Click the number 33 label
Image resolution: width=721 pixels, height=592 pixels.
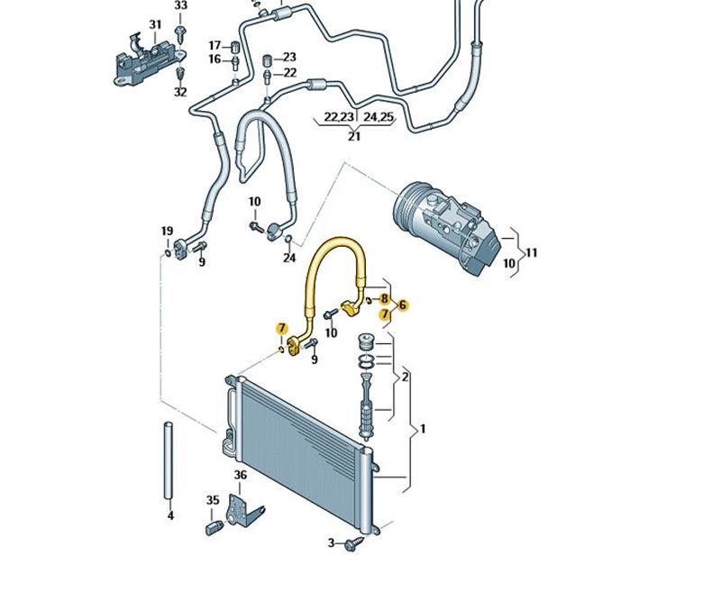[x=181, y=5]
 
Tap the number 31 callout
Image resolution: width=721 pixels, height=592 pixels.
[x=155, y=24]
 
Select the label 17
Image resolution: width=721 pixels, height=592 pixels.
[x=214, y=46]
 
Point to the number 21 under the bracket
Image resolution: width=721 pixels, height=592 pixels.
[x=354, y=136]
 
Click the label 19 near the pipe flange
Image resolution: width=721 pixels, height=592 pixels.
[x=167, y=232]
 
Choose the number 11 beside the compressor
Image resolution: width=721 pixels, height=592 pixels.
[x=532, y=253]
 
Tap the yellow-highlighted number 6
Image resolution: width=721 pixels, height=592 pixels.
[x=403, y=305]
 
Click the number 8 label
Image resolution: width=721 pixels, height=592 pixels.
[x=385, y=298]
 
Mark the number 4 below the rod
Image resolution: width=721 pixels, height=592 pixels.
[x=170, y=516]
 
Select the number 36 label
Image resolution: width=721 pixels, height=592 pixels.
[x=241, y=475]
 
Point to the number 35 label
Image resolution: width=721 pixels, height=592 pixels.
[x=213, y=500]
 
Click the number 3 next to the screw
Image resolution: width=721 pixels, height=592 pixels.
[x=331, y=542]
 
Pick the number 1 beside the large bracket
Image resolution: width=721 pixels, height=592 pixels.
[x=424, y=429]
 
